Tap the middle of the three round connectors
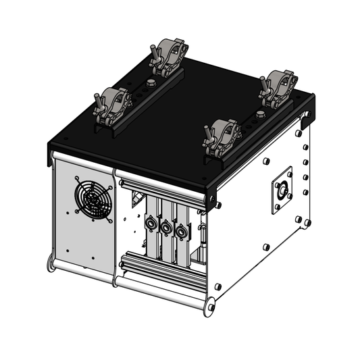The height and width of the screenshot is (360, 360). (166, 229)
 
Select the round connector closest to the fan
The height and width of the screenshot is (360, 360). (151, 224)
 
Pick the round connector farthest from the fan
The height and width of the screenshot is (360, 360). (180, 234)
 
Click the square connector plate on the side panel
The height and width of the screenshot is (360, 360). (282, 190)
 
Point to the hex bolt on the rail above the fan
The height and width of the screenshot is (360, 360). (149, 84)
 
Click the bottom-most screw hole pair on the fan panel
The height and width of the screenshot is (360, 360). (68, 253)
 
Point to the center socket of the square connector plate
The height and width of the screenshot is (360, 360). (282, 190)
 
